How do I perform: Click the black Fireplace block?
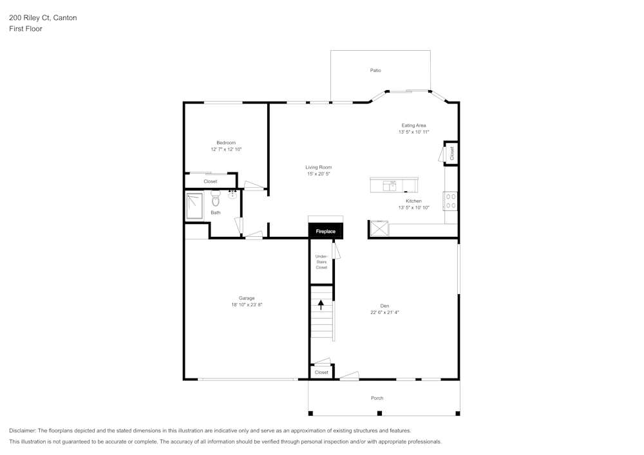[325, 231]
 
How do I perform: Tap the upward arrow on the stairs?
[321, 304]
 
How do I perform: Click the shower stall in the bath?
[194, 206]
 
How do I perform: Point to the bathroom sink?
[232, 193]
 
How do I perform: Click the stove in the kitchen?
[451, 201]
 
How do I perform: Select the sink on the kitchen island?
[390, 186]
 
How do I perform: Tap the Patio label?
[375, 70]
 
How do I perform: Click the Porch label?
[377, 398]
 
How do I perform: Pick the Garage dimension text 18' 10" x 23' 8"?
[247, 304]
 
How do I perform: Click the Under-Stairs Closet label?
[321, 262]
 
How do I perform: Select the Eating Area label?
[413, 125]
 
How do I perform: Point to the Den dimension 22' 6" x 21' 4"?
[384, 312]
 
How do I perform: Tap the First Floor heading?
[26, 29]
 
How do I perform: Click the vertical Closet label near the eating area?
[452, 153]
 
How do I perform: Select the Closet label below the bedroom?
[211, 181]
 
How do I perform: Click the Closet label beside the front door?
[321, 372]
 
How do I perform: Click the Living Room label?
[318, 167]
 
